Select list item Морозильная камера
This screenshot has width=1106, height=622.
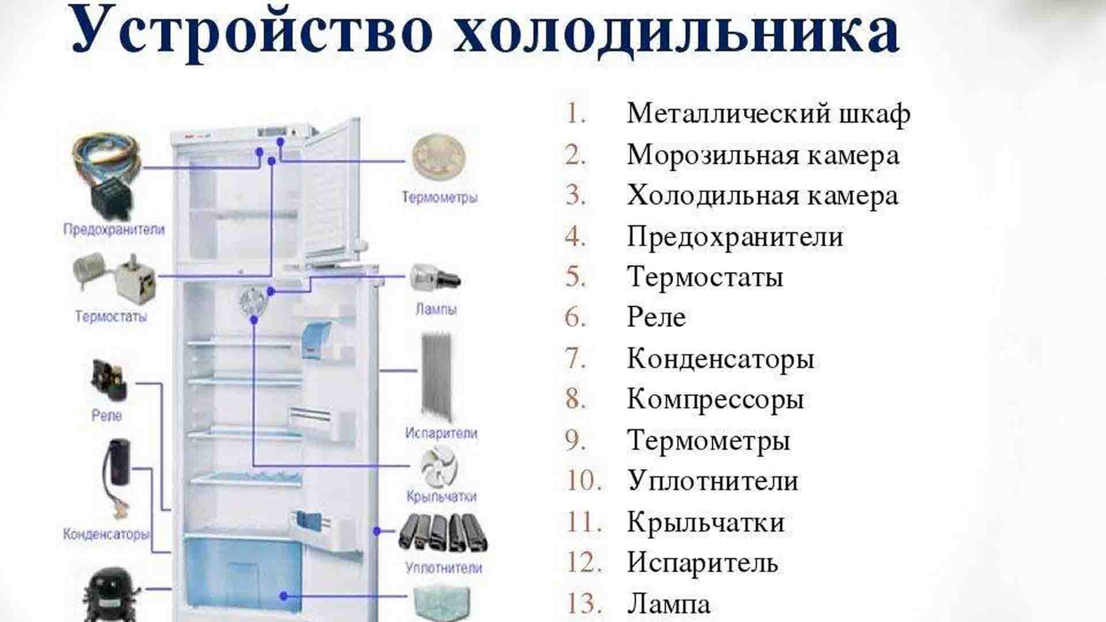pyautogui.click(x=763, y=155)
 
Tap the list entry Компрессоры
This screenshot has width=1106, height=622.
pyautogui.click(x=715, y=399)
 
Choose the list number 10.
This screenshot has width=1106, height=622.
pyautogui.click(x=584, y=481)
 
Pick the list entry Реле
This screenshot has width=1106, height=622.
pyautogui.click(x=656, y=317)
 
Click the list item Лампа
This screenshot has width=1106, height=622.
pyautogui.click(x=668, y=604)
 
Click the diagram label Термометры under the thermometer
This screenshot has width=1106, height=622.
pyautogui.click(x=440, y=198)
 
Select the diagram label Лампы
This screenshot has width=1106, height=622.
pyautogui.click(x=436, y=309)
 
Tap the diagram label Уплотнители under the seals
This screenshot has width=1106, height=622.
pyautogui.click(x=443, y=568)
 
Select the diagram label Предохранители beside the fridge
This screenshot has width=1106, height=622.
pyautogui.click(x=113, y=229)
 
